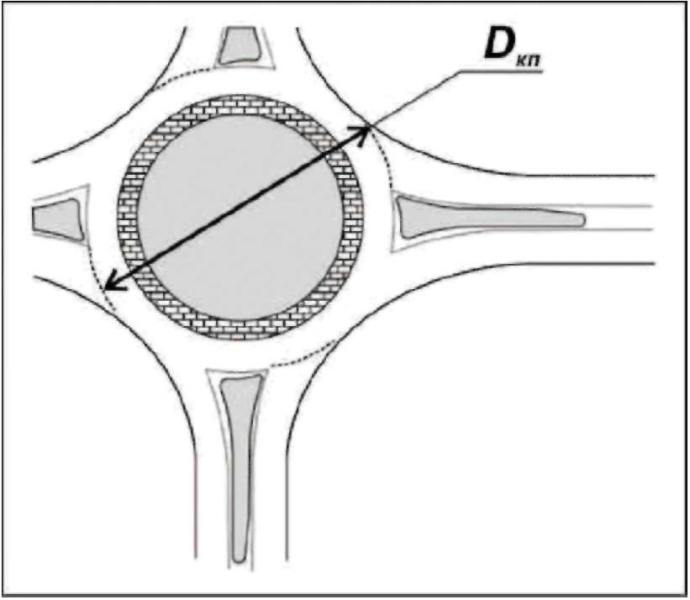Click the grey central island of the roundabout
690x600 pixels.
pos(240,217)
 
